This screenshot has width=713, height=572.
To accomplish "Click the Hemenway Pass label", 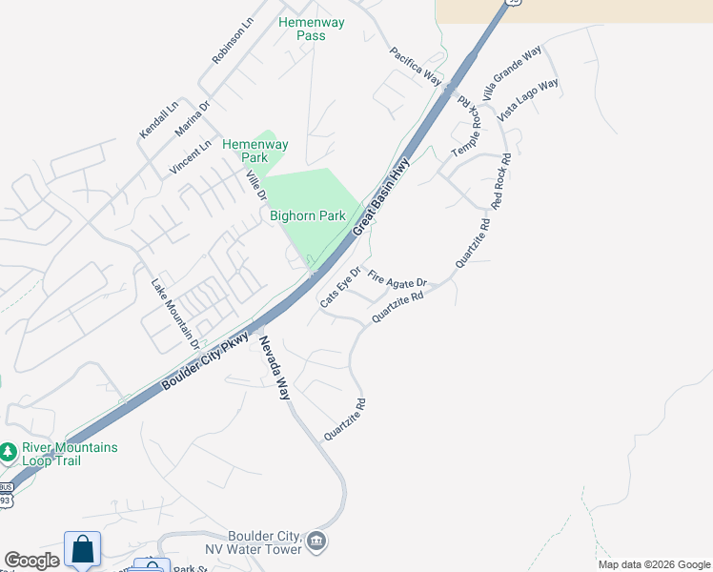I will click(x=302, y=29).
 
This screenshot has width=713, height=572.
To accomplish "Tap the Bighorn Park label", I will click(x=307, y=216).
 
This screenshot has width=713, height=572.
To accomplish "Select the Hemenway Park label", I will click(x=255, y=151).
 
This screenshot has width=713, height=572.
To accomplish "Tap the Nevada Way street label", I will click(x=273, y=367).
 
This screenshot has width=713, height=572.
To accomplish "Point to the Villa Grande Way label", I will click(x=512, y=71).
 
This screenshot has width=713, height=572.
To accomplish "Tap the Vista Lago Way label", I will click(x=528, y=99).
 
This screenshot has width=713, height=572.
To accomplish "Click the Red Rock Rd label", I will click(x=501, y=182).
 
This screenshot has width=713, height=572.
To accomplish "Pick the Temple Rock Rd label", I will click(x=468, y=128).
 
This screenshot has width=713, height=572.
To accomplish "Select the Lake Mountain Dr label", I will click(x=175, y=313).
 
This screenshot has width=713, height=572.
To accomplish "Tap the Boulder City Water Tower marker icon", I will click(x=317, y=542).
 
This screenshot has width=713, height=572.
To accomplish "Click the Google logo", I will click(x=31, y=561).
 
